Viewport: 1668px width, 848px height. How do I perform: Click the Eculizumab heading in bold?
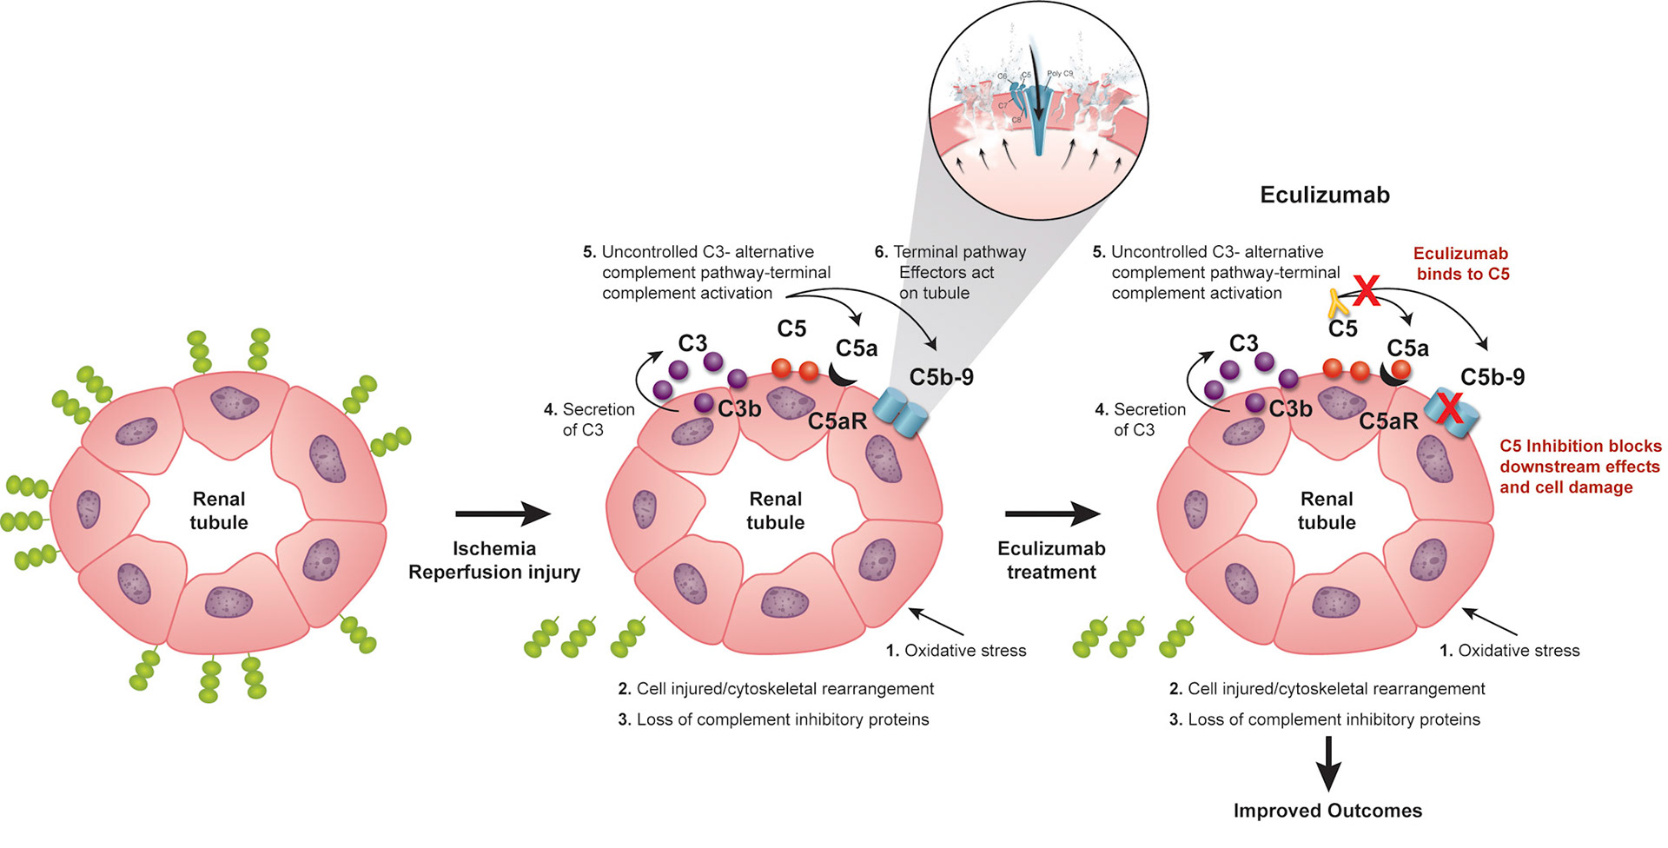click(1324, 195)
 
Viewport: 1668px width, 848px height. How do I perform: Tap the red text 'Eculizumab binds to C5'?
click(1462, 263)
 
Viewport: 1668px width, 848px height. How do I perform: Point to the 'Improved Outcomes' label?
click(1327, 811)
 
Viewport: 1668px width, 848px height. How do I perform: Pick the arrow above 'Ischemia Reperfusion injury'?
click(502, 513)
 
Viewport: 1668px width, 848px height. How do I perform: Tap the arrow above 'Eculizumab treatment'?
click(1052, 513)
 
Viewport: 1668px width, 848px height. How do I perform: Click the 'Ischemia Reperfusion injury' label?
click(494, 560)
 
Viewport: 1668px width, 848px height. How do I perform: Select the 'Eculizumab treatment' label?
click(1051, 560)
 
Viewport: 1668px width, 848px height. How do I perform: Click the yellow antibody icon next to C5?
click(1337, 303)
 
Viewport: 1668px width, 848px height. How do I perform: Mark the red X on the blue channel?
click(1448, 408)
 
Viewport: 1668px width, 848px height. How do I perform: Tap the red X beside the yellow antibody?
click(1366, 290)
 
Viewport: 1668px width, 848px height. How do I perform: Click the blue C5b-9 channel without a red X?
click(901, 413)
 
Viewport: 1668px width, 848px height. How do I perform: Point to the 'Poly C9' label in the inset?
click(1060, 74)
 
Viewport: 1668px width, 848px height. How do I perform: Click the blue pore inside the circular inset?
click(1039, 130)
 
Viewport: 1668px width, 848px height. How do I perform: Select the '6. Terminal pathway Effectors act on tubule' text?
click(950, 272)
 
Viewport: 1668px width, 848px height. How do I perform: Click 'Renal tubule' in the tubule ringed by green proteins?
click(219, 511)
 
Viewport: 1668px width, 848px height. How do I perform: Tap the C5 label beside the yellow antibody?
click(1342, 329)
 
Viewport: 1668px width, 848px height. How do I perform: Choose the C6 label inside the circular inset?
click(1002, 77)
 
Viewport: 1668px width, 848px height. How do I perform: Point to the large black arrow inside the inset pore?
click(1035, 87)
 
